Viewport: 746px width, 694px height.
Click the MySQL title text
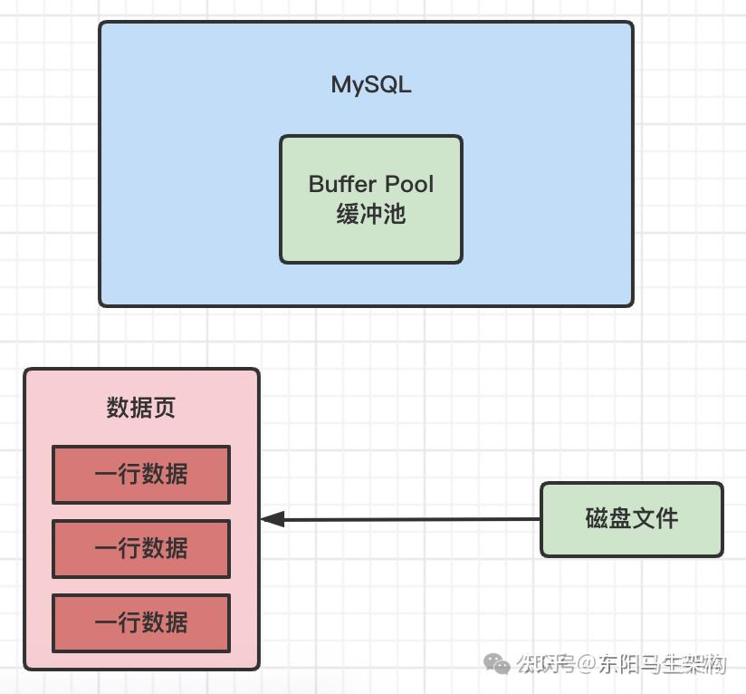[371, 85]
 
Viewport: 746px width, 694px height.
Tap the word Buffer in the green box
[340, 184]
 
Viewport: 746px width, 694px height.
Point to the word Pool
[406, 184]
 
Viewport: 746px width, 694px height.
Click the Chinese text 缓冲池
[371, 214]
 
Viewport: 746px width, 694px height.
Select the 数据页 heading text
[140, 408]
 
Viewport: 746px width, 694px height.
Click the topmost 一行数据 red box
[141, 474]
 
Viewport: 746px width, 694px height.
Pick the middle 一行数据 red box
[141, 548]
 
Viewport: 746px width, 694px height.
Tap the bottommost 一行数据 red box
[141, 622]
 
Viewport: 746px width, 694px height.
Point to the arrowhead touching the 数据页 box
[273, 519]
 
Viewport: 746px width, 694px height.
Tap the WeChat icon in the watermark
[497, 665]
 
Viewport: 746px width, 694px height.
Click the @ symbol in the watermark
[585, 665]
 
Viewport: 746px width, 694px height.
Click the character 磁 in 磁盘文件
[597, 519]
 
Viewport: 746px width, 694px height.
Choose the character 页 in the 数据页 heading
[164, 408]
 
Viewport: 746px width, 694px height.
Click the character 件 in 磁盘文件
[666, 519]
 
